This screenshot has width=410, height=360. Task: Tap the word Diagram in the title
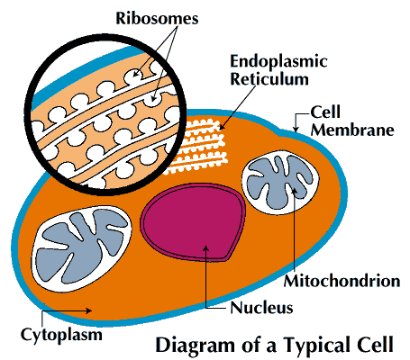click(192, 345)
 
